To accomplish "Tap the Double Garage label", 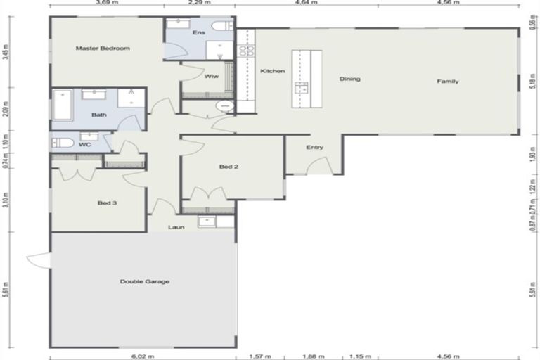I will point(144,281).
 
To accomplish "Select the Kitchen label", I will point(272,71).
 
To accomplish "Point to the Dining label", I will point(349,79).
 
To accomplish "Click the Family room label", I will point(447,81).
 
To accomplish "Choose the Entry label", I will point(314,147).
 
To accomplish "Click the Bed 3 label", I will point(106,203).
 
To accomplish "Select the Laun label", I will point(176,227).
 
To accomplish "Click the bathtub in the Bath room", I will point(63,105).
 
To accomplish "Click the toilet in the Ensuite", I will point(224,26).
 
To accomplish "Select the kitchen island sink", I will point(302,87).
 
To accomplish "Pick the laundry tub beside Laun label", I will point(207,221).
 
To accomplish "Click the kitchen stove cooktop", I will point(246,50).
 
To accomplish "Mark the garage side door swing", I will point(38,260).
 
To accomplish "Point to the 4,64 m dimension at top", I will point(307,3).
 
